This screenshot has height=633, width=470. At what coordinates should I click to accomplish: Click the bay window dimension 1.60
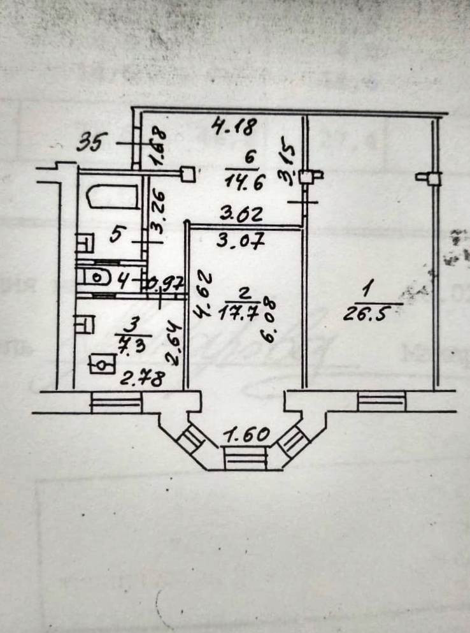[246, 437]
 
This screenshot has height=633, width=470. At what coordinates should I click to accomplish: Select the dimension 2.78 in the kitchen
[143, 377]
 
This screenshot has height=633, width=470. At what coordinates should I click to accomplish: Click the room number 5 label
[115, 235]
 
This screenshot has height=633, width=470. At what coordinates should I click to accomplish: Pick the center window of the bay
[245, 458]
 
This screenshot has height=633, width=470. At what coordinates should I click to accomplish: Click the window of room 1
[381, 402]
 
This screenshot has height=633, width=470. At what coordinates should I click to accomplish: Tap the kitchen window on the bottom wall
[115, 402]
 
